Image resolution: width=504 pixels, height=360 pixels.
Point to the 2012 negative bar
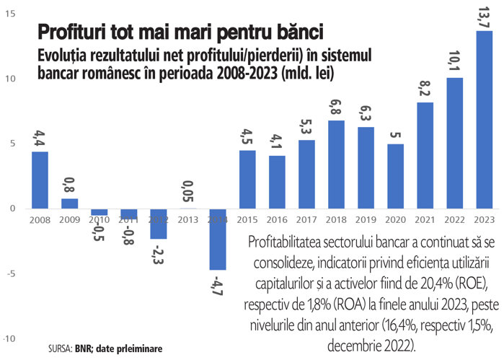pyautogui.click(x=159, y=224)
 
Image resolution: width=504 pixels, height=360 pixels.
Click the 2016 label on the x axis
pyautogui.click(x=277, y=218)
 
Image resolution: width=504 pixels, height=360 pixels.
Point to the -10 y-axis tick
pyautogui.click(x=10, y=338)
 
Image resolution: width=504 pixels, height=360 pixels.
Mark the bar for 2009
pyautogui.click(x=69, y=203)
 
